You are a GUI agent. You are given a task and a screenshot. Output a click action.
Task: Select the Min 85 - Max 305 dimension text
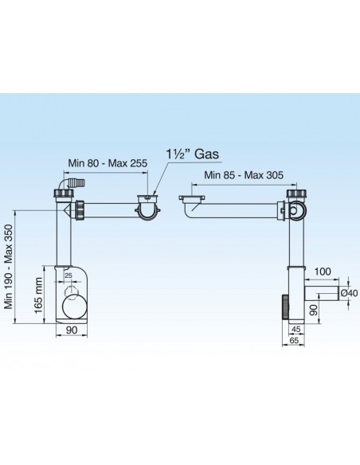(239, 174)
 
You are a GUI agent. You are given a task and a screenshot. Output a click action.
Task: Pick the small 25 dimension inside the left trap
(68, 275)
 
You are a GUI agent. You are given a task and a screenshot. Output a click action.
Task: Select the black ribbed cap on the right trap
(284, 307)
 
